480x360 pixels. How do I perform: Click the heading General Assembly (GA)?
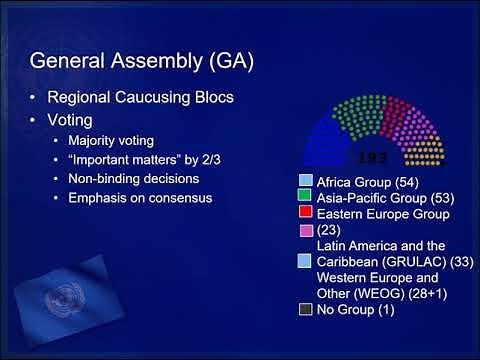(x=141, y=60)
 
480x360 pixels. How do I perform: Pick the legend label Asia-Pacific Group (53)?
(x=380, y=198)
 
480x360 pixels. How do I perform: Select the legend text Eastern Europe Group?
(x=383, y=214)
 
